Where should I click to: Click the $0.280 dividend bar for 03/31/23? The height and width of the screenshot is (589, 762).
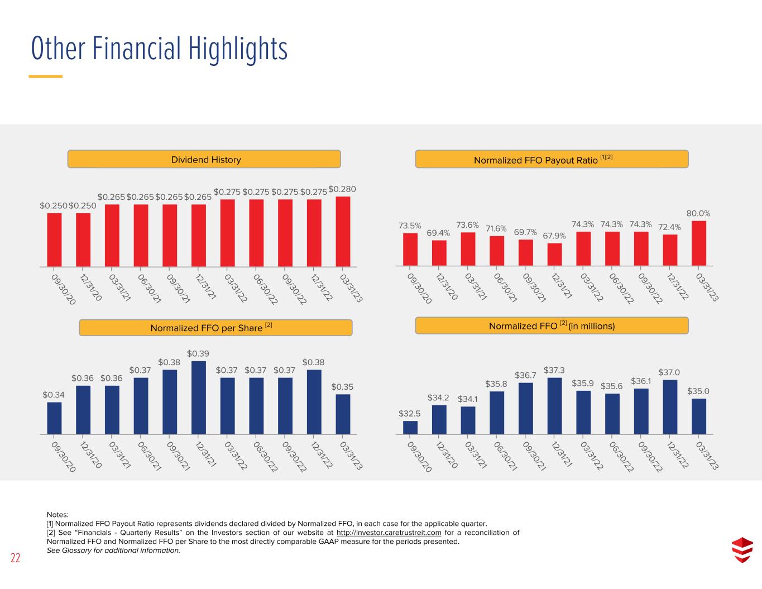[x=343, y=231]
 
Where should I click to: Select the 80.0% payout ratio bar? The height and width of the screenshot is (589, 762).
[x=698, y=243]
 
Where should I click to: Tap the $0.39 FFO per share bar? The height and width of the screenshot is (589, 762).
[x=199, y=398]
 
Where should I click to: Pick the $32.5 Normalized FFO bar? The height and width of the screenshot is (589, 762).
[x=410, y=428]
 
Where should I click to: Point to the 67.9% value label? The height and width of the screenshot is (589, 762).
[x=554, y=236]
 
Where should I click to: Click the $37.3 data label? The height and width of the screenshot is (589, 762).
[x=554, y=370]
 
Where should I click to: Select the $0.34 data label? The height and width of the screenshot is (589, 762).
[x=54, y=395]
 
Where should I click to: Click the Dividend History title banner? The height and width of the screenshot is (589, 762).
[x=204, y=159]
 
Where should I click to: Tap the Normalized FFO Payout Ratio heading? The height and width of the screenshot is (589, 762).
[x=543, y=160]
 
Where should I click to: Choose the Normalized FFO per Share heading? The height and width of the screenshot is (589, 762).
[x=211, y=328]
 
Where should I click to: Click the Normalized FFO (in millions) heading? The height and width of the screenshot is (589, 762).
[x=552, y=325]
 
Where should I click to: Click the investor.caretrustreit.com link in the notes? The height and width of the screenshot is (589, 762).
[x=389, y=533]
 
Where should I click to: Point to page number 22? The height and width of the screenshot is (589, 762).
[x=16, y=558]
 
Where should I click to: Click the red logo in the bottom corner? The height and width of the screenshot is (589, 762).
[x=742, y=550]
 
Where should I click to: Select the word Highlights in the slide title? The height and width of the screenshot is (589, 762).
[x=238, y=49]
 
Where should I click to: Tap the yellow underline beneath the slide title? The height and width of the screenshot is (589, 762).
[x=46, y=76]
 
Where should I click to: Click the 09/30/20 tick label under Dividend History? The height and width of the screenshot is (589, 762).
[x=64, y=289]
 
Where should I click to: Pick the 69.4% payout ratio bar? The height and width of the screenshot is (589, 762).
[x=439, y=253]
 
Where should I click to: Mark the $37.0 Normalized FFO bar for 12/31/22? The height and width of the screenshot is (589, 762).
[x=670, y=407]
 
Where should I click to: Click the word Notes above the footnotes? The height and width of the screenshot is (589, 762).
[x=57, y=515]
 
